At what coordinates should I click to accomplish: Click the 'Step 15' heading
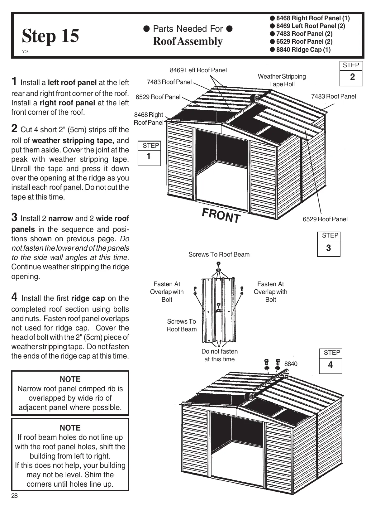(x=50, y=36)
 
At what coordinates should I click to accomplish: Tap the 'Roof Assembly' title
(x=188, y=41)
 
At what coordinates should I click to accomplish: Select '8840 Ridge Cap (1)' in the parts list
(x=303, y=50)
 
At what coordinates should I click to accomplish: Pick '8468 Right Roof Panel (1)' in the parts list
(x=312, y=18)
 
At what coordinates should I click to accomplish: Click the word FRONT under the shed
(x=221, y=215)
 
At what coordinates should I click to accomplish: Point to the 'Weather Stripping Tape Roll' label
(x=282, y=80)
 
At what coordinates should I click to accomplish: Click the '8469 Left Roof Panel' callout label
(x=198, y=70)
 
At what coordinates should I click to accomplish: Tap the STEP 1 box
(x=149, y=153)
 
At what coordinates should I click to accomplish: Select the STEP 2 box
(x=351, y=73)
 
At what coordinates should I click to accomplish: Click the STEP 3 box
(x=328, y=244)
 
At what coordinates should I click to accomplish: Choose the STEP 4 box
(x=331, y=361)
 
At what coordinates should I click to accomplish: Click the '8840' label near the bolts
(x=291, y=364)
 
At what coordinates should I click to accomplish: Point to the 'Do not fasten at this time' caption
(x=219, y=355)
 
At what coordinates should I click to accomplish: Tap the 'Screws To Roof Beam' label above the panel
(x=219, y=254)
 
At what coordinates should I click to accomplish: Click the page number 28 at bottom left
(x=15, y=496)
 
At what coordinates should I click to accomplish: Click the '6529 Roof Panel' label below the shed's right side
(x=325, y=219)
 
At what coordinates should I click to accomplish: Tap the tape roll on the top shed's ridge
(x=255, y=98)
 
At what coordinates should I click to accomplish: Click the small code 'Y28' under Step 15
(x=25, y=52)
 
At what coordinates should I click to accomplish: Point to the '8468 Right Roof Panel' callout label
(x=149, y=118)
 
